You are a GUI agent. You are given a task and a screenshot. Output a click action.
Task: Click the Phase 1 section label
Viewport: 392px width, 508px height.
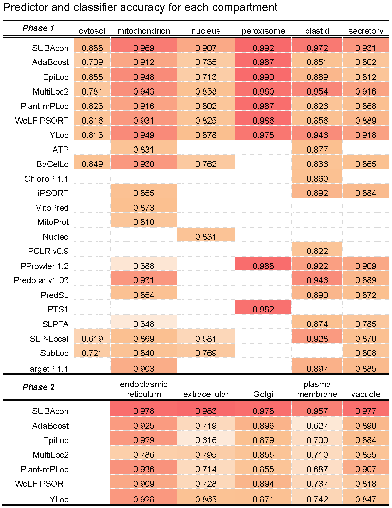click(38, 28)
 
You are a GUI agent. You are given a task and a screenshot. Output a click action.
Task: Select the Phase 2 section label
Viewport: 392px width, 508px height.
click(38, 387)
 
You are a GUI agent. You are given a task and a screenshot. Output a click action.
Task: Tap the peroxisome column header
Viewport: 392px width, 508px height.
click(263, 31)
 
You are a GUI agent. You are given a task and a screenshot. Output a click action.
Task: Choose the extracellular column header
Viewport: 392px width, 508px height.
click(206, 394)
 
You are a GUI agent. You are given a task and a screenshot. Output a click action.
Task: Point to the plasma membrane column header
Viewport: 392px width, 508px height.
click(317, 389)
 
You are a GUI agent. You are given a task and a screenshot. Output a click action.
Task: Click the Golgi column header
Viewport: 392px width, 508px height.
click(263, 394)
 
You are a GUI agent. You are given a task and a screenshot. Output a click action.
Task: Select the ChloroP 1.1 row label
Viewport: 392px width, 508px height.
click(46, 179)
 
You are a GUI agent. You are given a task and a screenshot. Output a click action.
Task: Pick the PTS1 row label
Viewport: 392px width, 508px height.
click(58, 309)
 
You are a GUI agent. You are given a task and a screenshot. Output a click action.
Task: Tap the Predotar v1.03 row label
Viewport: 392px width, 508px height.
click(41, 280)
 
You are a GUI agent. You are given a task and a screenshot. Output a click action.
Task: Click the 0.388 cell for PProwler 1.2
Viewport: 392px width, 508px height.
click(144, 266)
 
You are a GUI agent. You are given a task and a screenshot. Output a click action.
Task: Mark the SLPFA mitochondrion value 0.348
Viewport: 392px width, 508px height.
click(144, 324)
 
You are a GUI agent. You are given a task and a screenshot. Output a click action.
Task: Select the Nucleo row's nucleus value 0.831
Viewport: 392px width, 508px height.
click(206, 237)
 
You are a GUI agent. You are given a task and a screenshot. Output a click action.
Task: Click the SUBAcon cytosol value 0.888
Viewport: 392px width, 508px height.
click(92, 48)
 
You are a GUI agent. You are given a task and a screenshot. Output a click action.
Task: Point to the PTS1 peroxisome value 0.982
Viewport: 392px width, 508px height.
click(263, 309)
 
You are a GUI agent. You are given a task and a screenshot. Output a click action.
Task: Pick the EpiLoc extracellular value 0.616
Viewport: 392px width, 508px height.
click(206, 440)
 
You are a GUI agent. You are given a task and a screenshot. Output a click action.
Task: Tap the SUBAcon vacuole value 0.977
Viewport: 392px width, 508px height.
click(366, 411)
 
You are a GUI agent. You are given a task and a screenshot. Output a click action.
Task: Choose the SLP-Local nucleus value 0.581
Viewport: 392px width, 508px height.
click(206, 339)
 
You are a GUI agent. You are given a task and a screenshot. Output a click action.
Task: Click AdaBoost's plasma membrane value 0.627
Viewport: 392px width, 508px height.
click(317, 426)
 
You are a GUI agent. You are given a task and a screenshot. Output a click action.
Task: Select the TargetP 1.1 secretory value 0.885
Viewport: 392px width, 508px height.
click(366, 369)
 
